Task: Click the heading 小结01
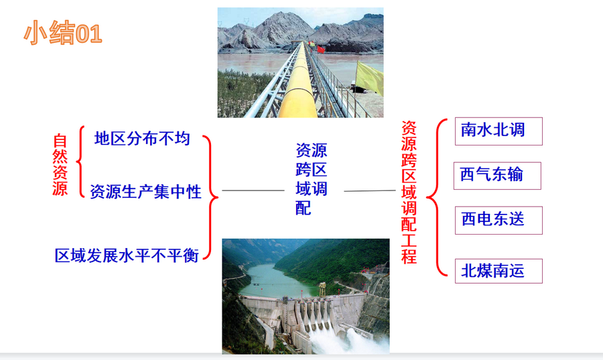coord(63,33)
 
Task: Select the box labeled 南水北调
coord(498,131)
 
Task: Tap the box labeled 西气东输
coord(497,176)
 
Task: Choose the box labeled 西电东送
coord(498,221)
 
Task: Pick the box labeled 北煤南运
coord(498,271)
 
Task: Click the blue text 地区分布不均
coord(142,139)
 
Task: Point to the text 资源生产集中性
coord(146,192)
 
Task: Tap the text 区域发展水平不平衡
coord(127,255)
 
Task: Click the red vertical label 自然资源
coord(60,165)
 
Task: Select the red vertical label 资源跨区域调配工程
coord(409,192)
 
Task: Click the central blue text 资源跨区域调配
coord(311,179)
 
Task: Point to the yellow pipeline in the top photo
coord(298,88)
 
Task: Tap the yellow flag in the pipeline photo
coord(369,78)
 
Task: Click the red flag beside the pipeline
coord(320,49)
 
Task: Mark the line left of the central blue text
coord(253,190)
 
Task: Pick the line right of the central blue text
coord(370,190)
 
